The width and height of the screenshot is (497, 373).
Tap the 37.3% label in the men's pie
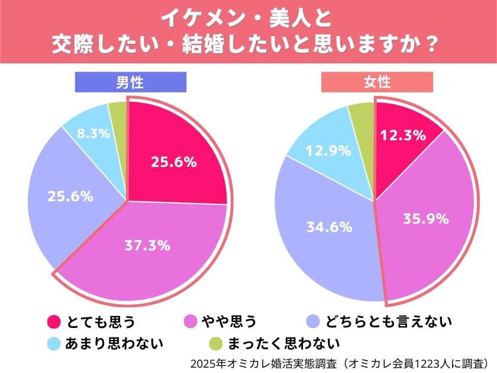147,243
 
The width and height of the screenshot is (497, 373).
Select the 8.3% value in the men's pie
93,134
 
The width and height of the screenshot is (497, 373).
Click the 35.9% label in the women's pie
424,219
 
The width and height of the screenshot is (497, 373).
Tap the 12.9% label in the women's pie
324,151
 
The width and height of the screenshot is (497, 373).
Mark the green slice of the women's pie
362,114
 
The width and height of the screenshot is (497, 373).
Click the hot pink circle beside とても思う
53,322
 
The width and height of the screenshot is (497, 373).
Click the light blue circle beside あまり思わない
53,343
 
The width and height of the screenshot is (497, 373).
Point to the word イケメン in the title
195,18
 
